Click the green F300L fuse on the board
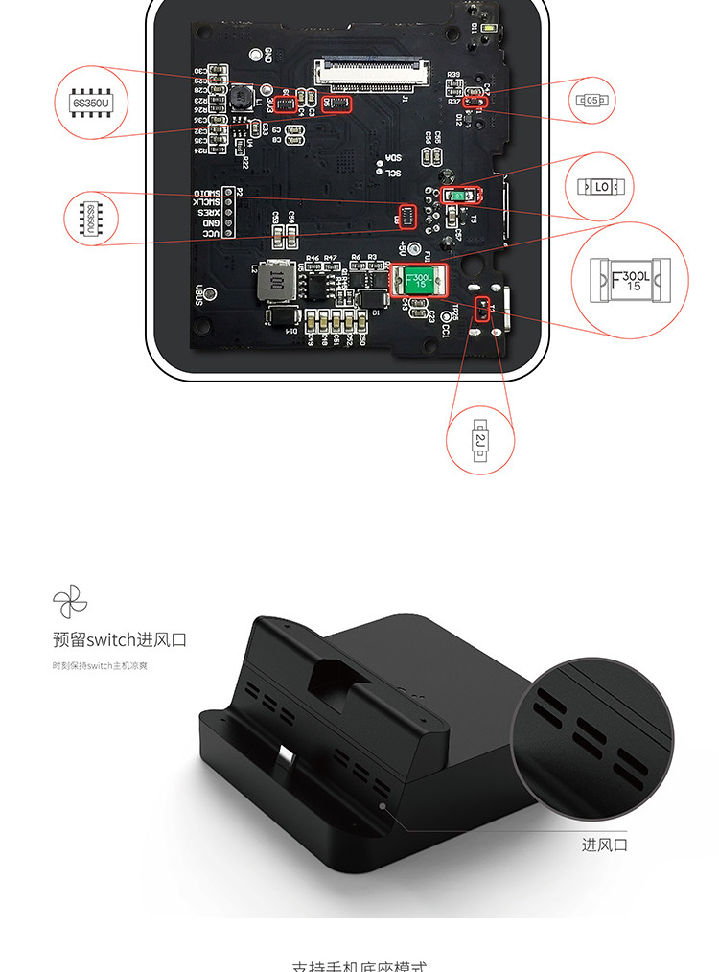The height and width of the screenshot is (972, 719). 419,280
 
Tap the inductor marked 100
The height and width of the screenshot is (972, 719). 276,280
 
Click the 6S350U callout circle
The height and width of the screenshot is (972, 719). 92,102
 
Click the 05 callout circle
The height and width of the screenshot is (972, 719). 593,99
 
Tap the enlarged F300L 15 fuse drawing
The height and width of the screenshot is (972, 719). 629,279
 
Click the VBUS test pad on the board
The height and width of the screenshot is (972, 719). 198,295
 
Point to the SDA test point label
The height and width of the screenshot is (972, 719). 393,158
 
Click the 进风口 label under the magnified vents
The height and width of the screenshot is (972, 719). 605,845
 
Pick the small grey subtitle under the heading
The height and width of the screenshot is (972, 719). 100,665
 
